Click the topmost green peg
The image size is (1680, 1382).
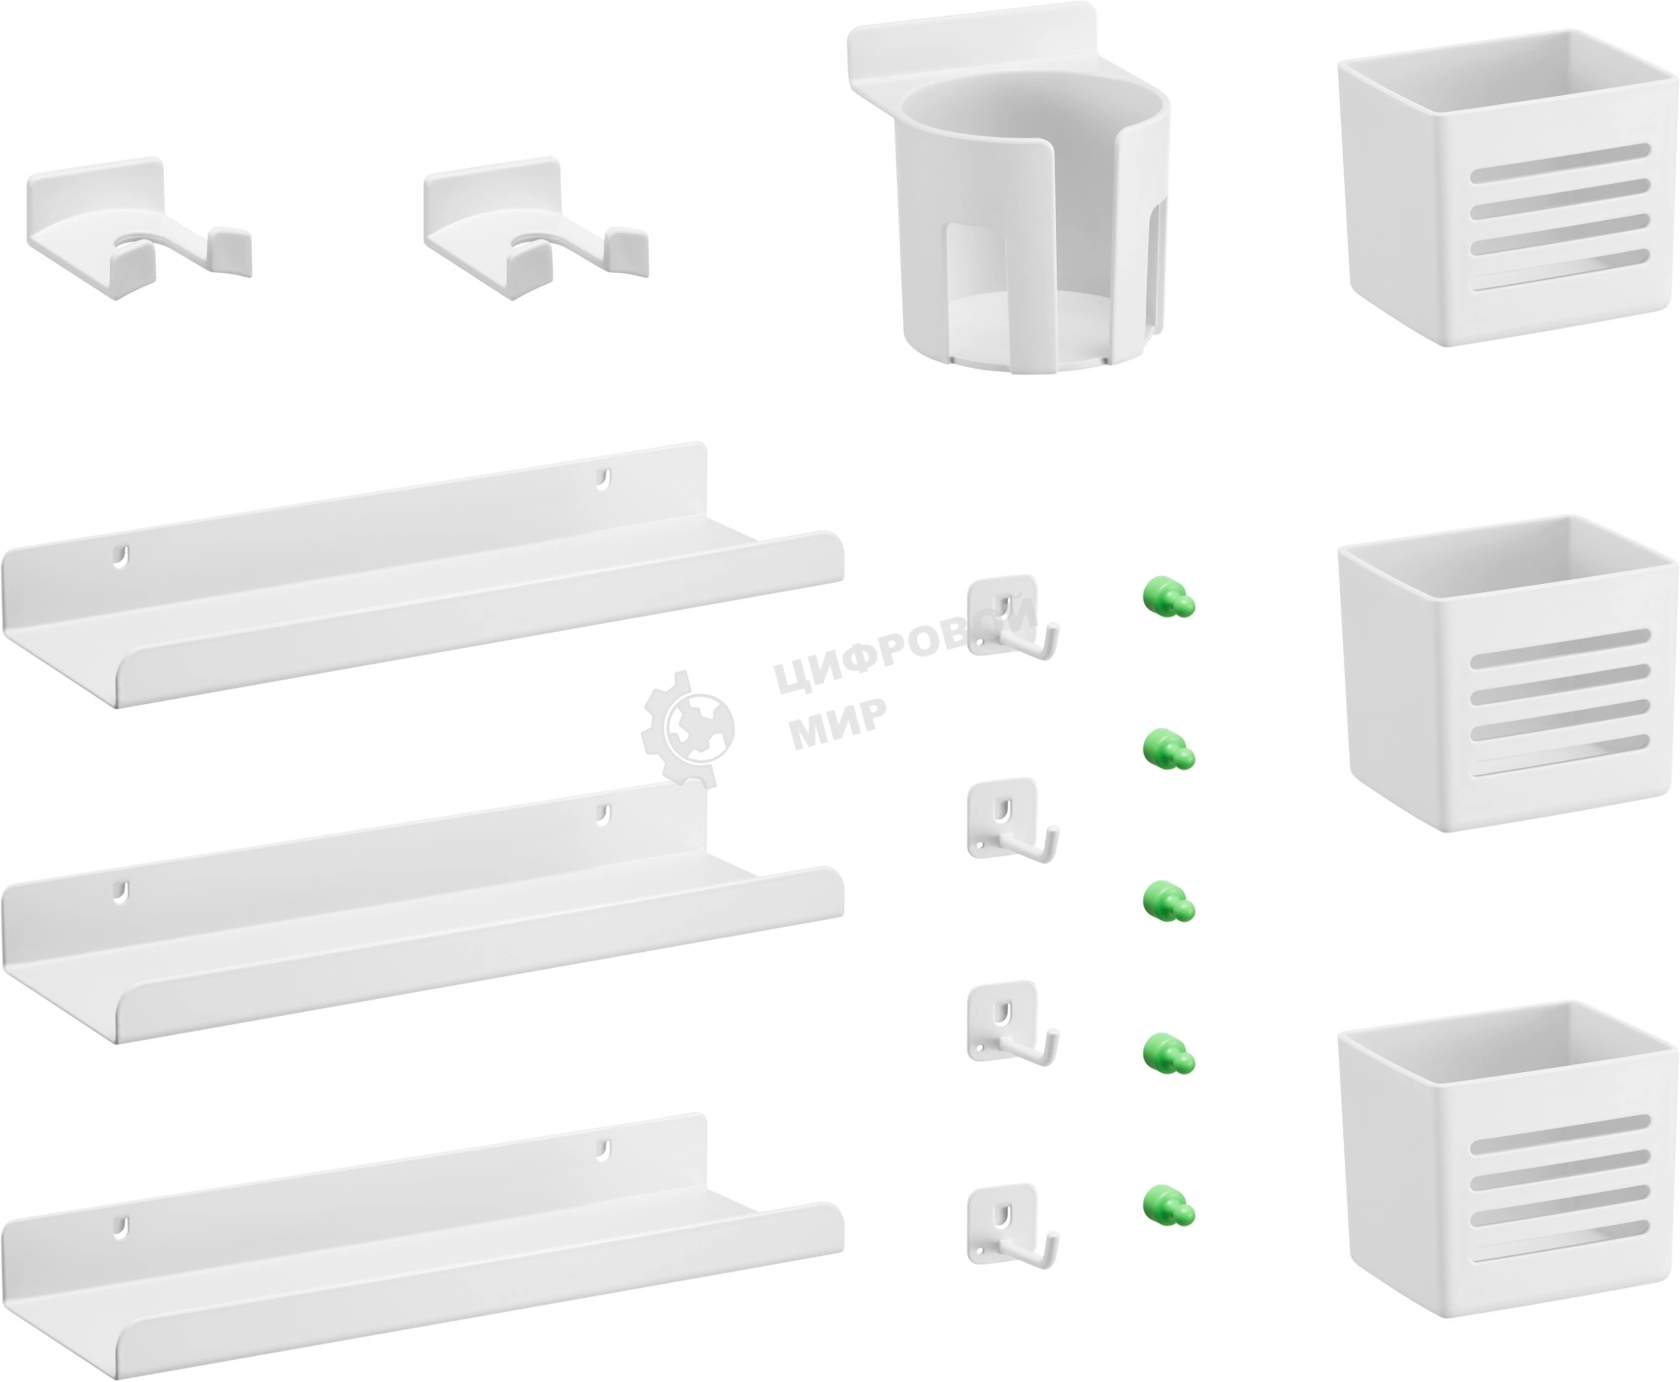pos(1167,598)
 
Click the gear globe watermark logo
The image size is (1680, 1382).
pos(687,728)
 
